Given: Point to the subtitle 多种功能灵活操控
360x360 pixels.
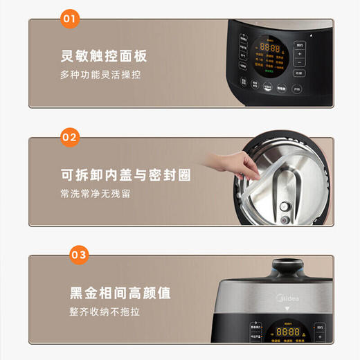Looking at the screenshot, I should (x=100, y=74).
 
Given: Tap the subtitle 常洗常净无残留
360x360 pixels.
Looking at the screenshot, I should (x=95, y=193).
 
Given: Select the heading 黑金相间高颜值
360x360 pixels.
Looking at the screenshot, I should (x=110, y=291).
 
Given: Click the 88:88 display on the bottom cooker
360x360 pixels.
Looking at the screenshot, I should (x=287, y=332).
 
